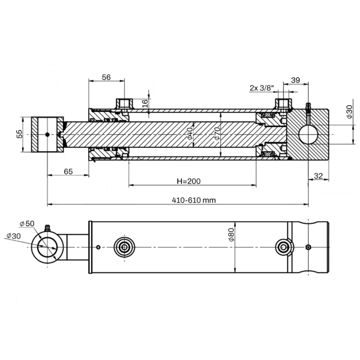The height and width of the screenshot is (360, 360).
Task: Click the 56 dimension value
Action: (x=106, y=77)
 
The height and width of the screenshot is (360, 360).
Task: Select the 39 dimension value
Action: (x=296, y=80)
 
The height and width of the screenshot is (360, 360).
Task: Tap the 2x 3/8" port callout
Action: (x=262, y=88)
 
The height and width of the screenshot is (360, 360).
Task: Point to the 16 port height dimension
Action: (x=145, y=103)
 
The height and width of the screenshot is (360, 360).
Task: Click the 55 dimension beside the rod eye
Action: (x=20, y=134)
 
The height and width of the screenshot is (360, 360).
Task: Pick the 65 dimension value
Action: (x=68, y=171)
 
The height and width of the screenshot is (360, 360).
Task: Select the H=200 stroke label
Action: (x=189, y=181)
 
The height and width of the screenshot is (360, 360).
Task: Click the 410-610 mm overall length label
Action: (x=194, y=200)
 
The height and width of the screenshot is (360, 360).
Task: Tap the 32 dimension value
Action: (x=318, y=176)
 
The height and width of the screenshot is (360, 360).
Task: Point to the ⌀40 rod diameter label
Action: (x=190, y=134)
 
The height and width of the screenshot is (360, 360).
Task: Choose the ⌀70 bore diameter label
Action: (x=217, y=134)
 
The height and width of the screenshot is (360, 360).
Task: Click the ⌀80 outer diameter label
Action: (x=231, y=234)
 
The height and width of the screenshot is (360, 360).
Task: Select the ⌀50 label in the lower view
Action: (x=27, y=223)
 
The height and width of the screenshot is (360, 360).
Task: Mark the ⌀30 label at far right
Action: (x=349, y=112)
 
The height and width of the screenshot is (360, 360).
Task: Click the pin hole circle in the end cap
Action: (x=308, y=135)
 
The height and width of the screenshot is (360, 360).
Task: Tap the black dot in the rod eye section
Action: (x=47, y=135)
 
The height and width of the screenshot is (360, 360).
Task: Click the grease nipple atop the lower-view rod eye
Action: (x=47, y=228)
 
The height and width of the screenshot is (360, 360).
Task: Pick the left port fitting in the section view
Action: (x=124, y=104)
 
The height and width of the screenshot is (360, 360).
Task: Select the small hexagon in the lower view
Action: (x=308, y=247)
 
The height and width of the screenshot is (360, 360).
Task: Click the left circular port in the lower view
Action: (x=124, y=247)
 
